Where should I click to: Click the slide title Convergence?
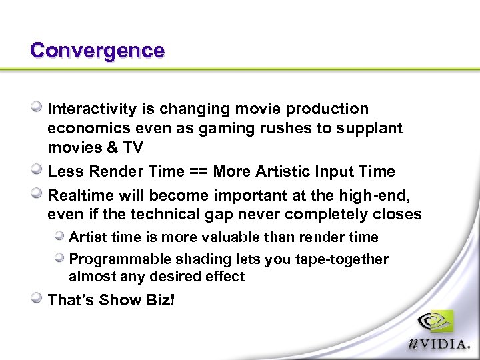[97, 51]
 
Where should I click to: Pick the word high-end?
[367, 195]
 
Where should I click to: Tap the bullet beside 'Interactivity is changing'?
[39, 107]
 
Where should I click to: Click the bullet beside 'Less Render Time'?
[39, 171]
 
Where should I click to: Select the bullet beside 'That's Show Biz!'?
[39, 299]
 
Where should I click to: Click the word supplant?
[374, 128]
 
